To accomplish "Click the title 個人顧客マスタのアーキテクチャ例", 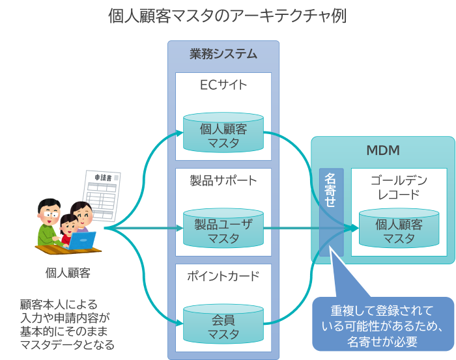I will pyautogui.click(x=227, y=16).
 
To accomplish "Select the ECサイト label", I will pyautogui.click(x=223, y=85).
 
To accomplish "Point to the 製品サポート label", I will pyautogui.click(x=223, y=180).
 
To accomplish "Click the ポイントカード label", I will pyautogui.click(x=223, y=275).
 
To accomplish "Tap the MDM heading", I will pyautogui.click(x=382, y=151).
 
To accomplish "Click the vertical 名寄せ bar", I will pyautogui.click(x=331, y=212).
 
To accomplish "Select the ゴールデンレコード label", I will pyautogui.click(x=399, y=187).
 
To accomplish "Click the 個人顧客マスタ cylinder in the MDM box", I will pyautogui.click(x=399, y=231).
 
